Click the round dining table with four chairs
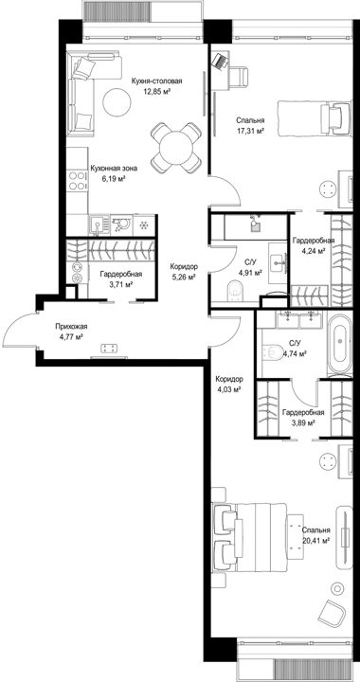176,148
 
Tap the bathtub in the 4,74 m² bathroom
340,345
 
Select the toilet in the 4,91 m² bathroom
236,290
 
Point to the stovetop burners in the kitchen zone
77,181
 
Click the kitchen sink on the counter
99,225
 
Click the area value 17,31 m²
250,130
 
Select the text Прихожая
69,326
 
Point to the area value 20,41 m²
315,540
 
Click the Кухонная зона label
114,169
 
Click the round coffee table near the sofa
117,101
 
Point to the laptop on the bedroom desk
221,60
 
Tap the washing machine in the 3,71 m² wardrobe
77,278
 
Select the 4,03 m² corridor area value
228,390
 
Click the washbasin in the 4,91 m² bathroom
278,260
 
